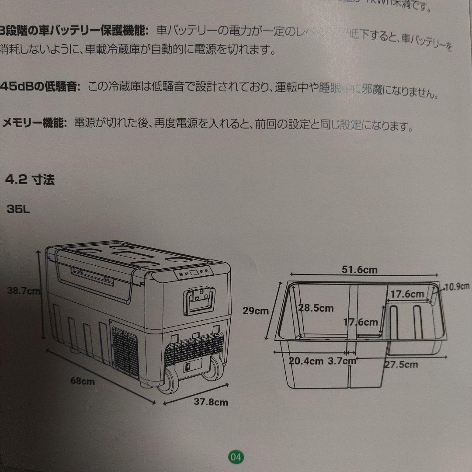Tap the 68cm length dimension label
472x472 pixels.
coord(83,381)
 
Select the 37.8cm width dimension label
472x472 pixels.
coord(211,402)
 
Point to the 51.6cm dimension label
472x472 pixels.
coord(359,270)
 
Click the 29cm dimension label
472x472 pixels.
coord(256,311)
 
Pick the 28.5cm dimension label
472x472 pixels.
coord(316,308)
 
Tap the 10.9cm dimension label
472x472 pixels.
coord(457,287)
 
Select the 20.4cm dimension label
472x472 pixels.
coord(306,361)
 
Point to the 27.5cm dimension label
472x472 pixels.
coord(401,364)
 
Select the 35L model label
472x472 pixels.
coord(18,209)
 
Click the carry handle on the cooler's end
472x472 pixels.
coord(199,301)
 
